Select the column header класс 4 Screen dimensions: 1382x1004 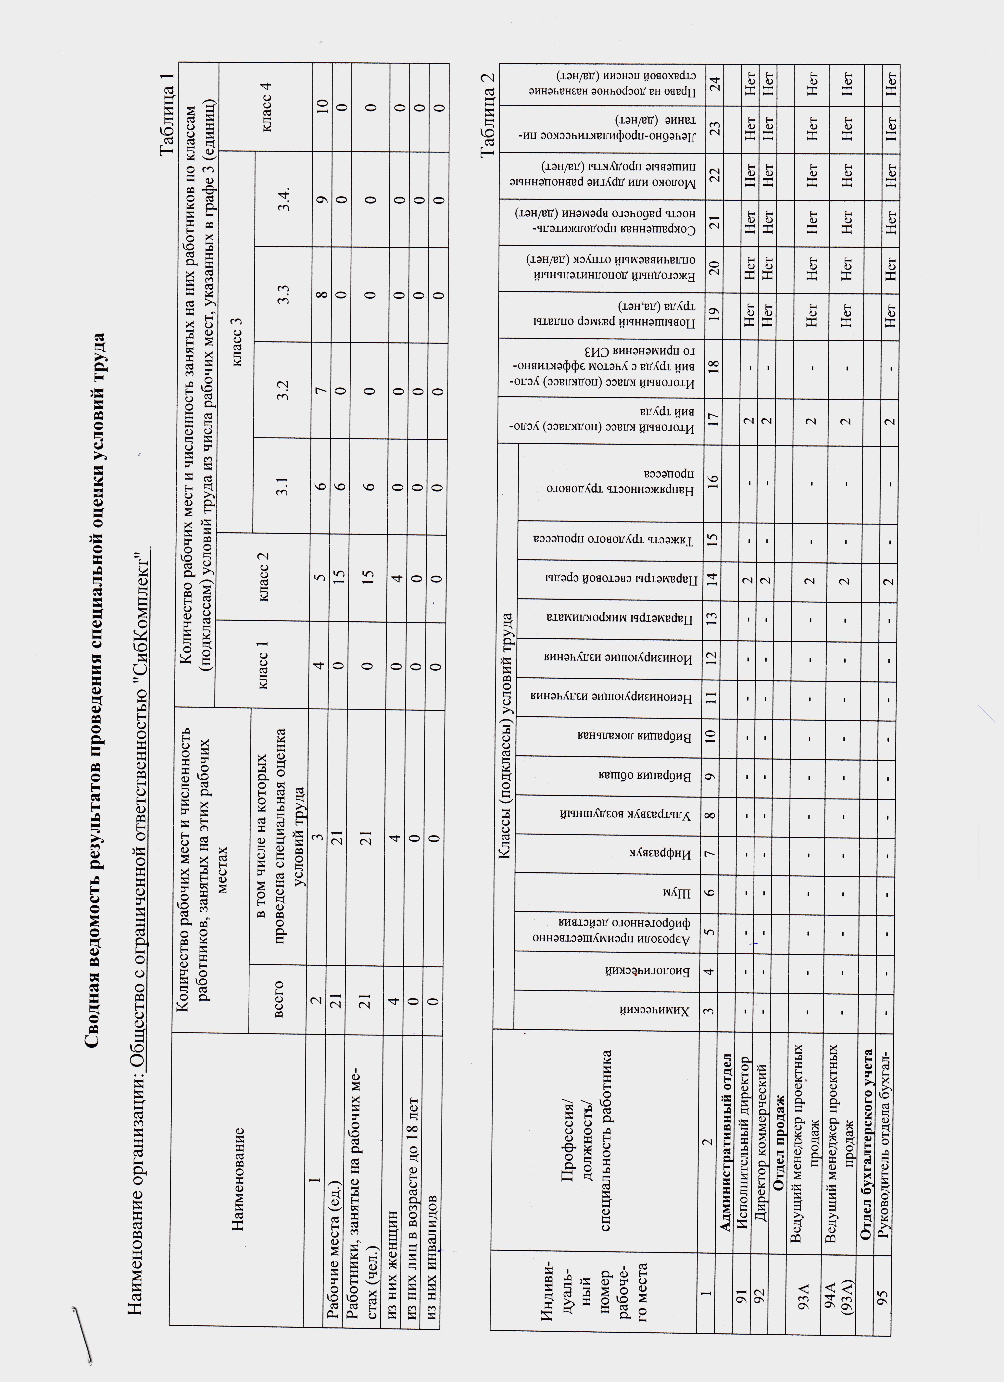pyautogui.click(x=266, y=107)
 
